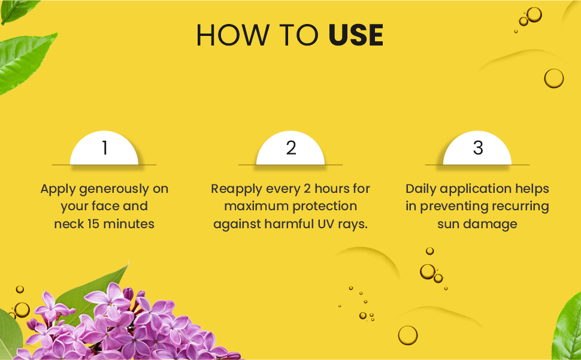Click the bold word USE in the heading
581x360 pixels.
356,35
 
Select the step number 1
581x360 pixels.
105,148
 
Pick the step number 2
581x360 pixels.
291,148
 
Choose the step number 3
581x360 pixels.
478,148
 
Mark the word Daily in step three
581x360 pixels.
421,189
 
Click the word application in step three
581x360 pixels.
476,189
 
